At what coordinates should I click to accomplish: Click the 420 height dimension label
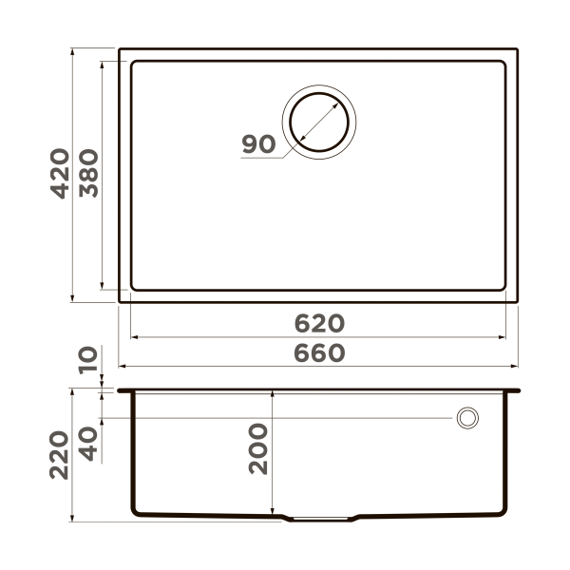[x=59, y=173]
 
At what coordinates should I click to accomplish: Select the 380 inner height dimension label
[x=87, y=173]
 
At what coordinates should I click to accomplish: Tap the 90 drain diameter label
[x=257, y=145]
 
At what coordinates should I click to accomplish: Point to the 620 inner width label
[x=317, y=323]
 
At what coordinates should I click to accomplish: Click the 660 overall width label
[x=317, y=352]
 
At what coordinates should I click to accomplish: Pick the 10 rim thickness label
[x=87, y=362]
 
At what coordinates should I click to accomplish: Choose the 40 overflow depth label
[x=87, y=443]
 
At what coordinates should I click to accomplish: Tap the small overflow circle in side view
[x=467, y=418]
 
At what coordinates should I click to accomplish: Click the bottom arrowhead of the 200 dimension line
[x=273, y=514]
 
